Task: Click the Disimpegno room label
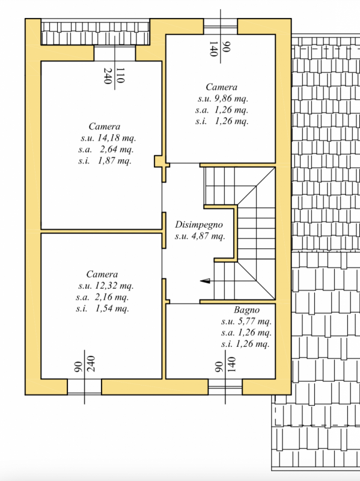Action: (200, 224)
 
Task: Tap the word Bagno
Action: (246, 310)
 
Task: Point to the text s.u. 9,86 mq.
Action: (222, 99)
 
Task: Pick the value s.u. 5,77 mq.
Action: (246, 321)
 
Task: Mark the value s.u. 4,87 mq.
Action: (200, 236)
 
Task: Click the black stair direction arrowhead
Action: (204, 280)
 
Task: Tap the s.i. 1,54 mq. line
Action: (103, 308)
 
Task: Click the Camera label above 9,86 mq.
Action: (221, 87)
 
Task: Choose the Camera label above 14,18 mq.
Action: (105, 127)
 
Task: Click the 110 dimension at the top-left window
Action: (120, 76)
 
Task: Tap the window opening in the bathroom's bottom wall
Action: (225, 387)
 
